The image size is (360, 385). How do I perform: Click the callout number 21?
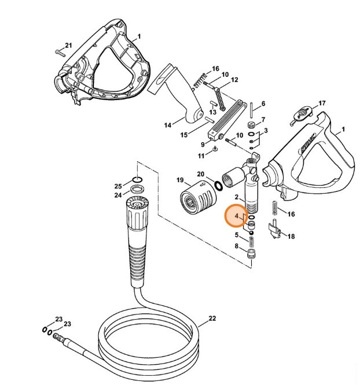click(68, 45)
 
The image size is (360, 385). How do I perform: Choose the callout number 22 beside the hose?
click(212, 319)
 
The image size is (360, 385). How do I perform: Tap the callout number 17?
click(322, 104)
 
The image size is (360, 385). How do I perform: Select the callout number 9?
click(203, 145)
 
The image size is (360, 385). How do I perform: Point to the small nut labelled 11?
click(215, 150)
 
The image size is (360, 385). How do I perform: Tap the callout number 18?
click(291, 236)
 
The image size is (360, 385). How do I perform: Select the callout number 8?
click(237, 246)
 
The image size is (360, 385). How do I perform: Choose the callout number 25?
click(118, 186)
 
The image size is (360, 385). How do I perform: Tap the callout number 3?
click(265, 131)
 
